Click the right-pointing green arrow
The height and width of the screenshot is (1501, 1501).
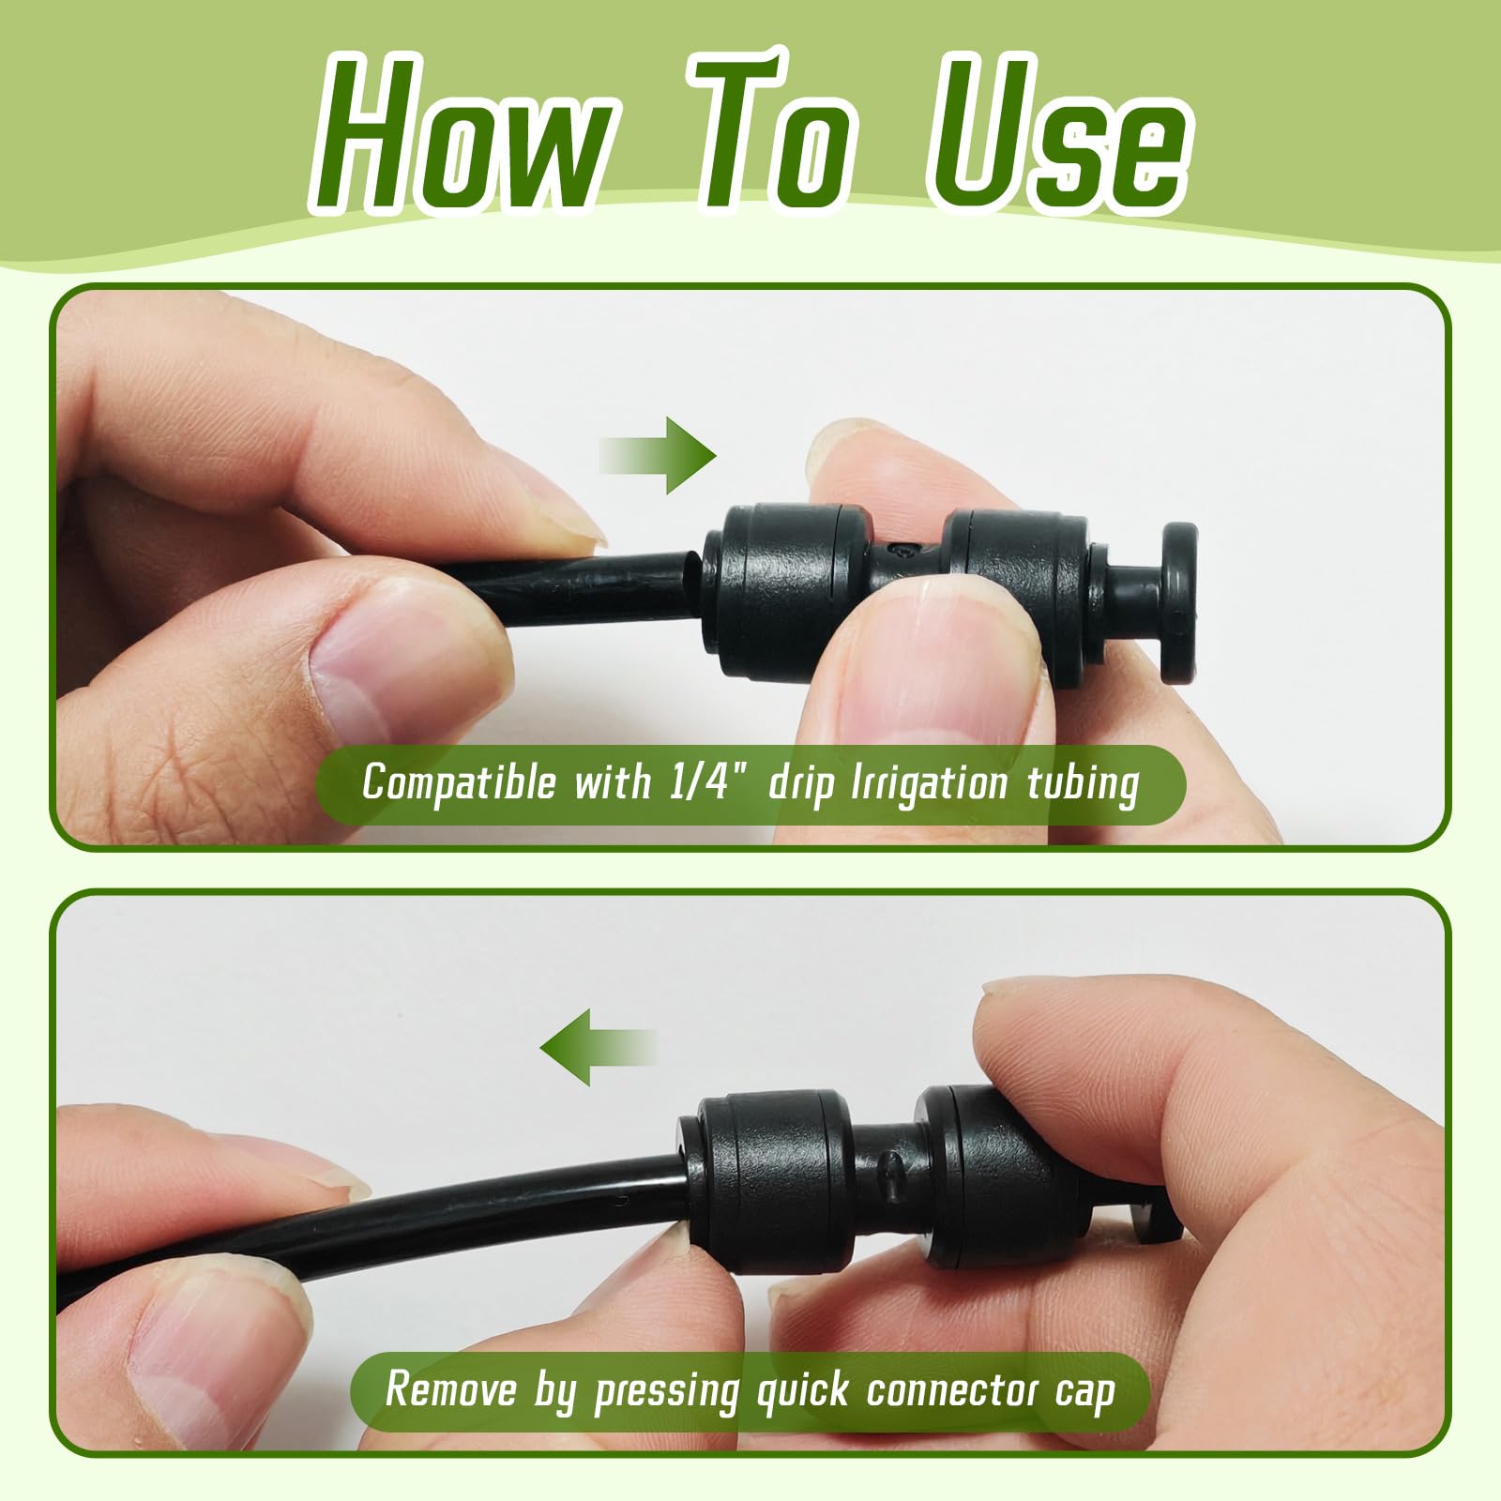coord(658,455)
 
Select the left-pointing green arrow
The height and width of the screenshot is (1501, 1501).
coord(598,1047)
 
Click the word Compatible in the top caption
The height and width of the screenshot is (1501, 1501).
coord(460,783)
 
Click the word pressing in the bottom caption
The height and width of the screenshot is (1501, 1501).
coord(667,1391)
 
